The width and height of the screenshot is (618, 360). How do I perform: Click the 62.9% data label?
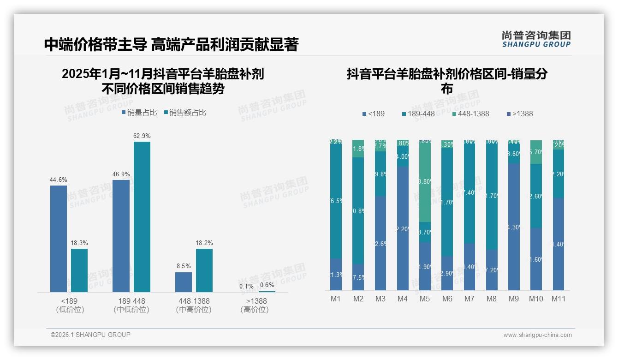[142, 136]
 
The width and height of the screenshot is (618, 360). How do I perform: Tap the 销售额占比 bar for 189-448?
[142, 216]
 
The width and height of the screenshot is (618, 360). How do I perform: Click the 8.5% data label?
[184, 266]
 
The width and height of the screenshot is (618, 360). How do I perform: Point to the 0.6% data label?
[267, 285]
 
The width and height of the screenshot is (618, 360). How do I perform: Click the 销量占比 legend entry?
[139, 113]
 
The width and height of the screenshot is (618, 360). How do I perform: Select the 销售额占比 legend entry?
[185, 113]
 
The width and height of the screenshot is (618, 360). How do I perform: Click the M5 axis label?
[425, 299]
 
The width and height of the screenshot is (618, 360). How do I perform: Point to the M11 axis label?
[559, 299]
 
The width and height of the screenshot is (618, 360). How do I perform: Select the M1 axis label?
[336, 299]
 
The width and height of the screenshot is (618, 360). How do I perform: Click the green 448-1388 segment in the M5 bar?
[425, 181]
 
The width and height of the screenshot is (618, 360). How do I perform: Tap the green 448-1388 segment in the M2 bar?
[358, 149]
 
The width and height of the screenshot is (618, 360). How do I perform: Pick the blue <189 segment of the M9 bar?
[514, 227]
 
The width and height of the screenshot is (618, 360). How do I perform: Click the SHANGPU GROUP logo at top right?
[536, 39]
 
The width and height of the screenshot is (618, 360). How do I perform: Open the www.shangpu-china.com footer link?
[537, 335]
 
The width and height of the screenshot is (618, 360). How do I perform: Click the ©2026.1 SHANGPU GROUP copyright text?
[90, 335]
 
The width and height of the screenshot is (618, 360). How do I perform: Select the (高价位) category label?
[255, 310]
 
